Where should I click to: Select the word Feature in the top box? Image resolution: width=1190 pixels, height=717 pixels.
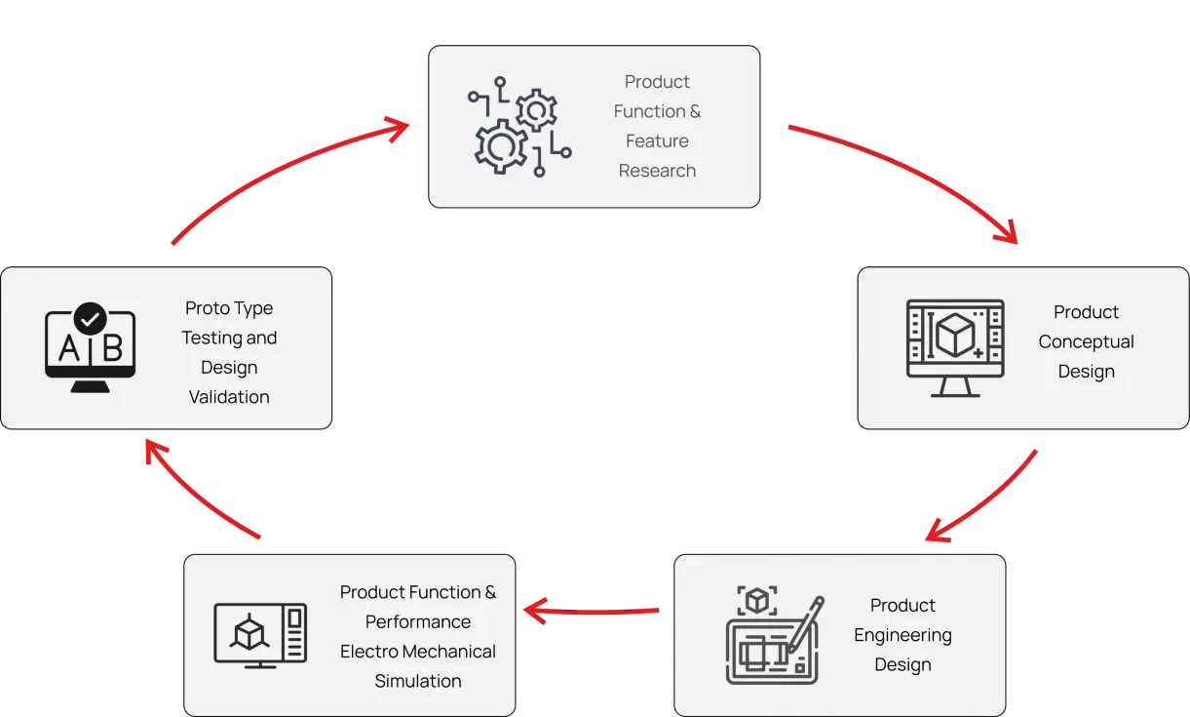coord(657,140)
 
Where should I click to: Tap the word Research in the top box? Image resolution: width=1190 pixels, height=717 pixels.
coord(657,171)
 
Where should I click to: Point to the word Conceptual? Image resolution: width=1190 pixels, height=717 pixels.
coord(1086,341)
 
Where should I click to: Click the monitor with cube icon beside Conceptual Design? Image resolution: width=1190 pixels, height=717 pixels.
coord(955,347)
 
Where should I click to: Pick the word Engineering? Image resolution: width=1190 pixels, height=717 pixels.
coord(902,635)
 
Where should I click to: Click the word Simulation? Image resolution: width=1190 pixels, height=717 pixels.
coord(418,681)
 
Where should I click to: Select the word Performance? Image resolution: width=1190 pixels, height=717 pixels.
coord(418,621)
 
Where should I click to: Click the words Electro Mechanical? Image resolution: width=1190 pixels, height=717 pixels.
coord(418,651)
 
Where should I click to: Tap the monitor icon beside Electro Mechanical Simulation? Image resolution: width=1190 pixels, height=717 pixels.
coord(260,635)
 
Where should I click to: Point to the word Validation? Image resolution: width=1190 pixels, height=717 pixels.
coord(229,397)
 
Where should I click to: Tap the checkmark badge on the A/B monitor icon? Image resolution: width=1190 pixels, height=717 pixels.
coord(91,318)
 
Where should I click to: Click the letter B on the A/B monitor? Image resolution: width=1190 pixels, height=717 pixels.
coord(112,348)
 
